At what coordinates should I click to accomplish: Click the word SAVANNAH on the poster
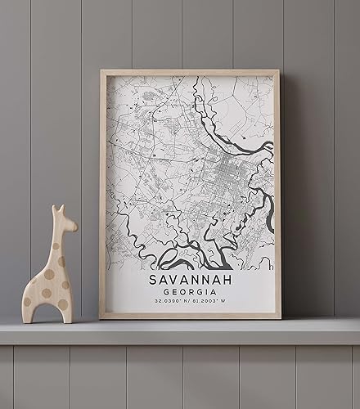click(191, 280)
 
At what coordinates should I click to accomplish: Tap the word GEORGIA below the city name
click(191, 292)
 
